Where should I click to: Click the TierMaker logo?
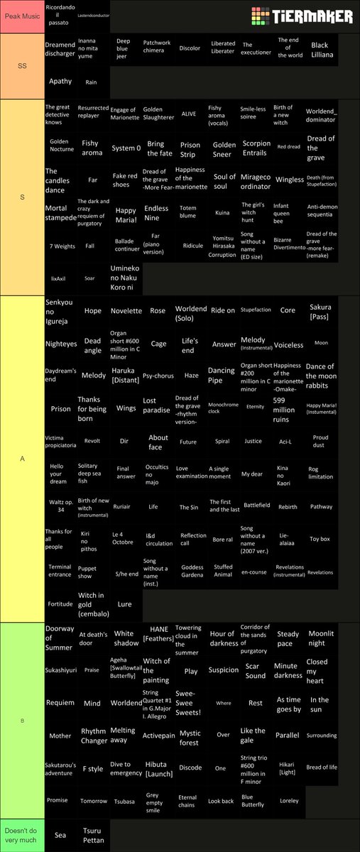click(x=301, y=16)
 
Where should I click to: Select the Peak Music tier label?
click(x=22, y=16)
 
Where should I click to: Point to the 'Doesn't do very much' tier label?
click(x=22, y=835)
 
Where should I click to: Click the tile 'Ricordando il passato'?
click(x=60, y=16)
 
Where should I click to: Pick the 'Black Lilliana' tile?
click(x=320, y=49)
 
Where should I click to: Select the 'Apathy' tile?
click(x=60, y=82)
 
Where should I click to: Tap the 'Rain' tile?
click(x=91, y=82)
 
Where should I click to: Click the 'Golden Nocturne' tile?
click(x=60, y=147)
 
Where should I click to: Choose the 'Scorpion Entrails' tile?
click(x=256, y=147)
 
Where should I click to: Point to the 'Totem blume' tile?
click(x=188, y=212)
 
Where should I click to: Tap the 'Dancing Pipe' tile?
click(x=221, y=375)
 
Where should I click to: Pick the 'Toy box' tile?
click(x=320, y=539)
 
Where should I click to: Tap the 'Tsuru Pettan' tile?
click(x=93, y=835)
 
